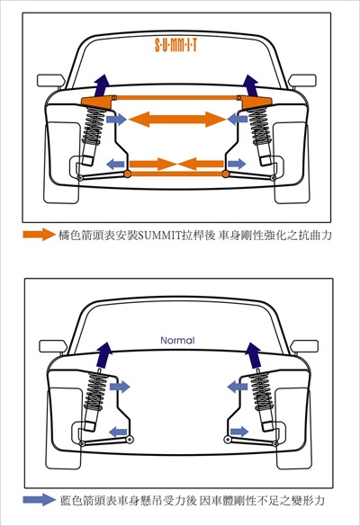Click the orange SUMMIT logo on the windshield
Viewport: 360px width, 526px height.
175,45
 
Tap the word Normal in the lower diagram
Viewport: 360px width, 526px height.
177,341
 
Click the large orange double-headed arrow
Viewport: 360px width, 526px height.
177,119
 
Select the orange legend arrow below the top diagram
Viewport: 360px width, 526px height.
39,234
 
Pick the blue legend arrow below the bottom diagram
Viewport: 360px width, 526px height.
39,500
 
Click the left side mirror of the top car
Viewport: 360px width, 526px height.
51,81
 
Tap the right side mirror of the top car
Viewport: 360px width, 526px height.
302,81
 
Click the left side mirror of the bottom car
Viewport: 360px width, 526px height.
53,346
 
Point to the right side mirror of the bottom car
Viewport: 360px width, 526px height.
304,346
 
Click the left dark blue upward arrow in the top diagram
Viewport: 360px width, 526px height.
102,85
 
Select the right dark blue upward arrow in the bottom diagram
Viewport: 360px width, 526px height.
254,355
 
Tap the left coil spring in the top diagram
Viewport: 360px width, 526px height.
94,126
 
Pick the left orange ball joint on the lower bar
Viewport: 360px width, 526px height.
127,174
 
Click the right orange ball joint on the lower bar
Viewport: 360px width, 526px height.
226,174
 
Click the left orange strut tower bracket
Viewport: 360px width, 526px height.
98,102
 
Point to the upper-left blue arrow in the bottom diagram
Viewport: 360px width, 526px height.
120,387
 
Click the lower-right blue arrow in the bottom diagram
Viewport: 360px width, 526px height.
239,432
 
